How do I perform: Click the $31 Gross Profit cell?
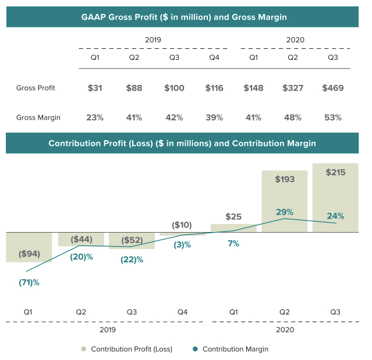click(94, 88)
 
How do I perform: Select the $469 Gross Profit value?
click(333, 88)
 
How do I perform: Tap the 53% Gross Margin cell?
click(333, 117)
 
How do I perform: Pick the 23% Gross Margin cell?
click(94, 117)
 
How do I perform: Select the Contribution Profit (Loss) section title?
click(183, 143)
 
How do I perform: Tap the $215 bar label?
click(335, 173)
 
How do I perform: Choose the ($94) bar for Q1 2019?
click(29, 248)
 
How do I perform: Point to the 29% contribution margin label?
click(285, 212)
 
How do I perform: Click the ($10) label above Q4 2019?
click(182, 225)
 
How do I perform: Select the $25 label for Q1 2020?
click(233, 217)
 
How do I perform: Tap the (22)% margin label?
click(132, 259)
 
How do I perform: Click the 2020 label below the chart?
click(284, 329)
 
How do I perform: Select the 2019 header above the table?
click(153, 40)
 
